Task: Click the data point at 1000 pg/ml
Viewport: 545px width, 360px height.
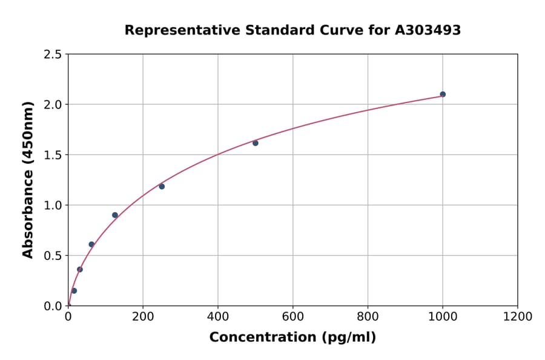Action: (x=443, y=95)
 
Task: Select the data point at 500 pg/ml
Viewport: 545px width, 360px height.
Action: (x=256, y=143)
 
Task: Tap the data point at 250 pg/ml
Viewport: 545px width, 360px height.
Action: (x=162, y=187)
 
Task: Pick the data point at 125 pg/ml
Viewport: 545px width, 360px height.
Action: (x=115, y=215)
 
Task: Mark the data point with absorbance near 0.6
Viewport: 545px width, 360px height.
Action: (x=91, y=245)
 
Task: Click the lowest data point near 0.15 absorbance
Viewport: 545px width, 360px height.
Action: (x=74, y=291)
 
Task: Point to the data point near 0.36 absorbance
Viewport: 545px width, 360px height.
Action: (x=80, y=270)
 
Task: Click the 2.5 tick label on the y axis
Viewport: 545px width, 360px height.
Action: (x=53, y=55)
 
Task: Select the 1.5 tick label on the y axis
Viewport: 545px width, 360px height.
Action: (x=53, y=155)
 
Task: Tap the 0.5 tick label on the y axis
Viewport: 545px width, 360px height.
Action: (x=53, y=256)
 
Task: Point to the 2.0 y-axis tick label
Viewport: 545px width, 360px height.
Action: (x=53, y=105)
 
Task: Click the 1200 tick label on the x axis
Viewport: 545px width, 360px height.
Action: (x=517, y=317)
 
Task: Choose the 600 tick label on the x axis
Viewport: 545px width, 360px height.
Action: (x=292, y=317)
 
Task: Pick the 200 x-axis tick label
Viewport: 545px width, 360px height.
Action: (x=143, y=317)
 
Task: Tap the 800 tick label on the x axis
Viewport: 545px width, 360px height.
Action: (x=368, y=317)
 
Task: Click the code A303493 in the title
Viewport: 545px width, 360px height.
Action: (x=428, y=30)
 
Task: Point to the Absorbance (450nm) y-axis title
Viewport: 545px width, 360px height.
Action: (x=28, y=180)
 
